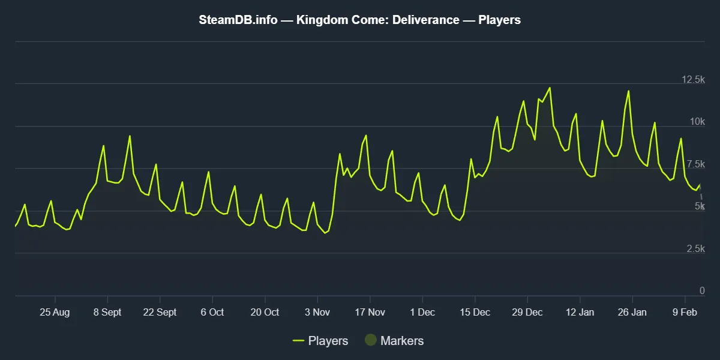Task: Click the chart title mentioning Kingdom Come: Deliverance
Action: tap(359, 20)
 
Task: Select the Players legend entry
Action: tap(320, 341)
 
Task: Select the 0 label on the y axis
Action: tap(702, 291)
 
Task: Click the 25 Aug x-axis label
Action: tap(55, 312)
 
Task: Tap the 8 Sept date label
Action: tap(107, 312)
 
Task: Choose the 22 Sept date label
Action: tap(160, 312)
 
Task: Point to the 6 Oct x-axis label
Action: tap(212, 312)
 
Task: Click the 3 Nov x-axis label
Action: tap(317, 312)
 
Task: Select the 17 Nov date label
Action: tap(370, 312)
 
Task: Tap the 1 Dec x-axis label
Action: tap(422, 312)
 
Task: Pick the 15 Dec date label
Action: tap(475, 312)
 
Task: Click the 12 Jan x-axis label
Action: tap(580, 312)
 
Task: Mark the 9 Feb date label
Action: tap(685, 312)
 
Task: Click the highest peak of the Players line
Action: tap(550, 88)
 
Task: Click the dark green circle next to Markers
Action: tap(371, 341)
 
